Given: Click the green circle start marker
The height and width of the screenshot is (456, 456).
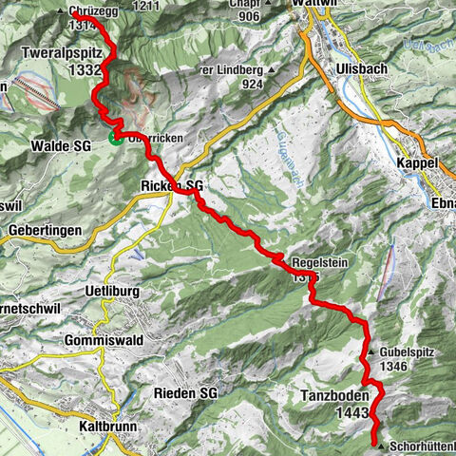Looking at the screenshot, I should click(115, 138).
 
